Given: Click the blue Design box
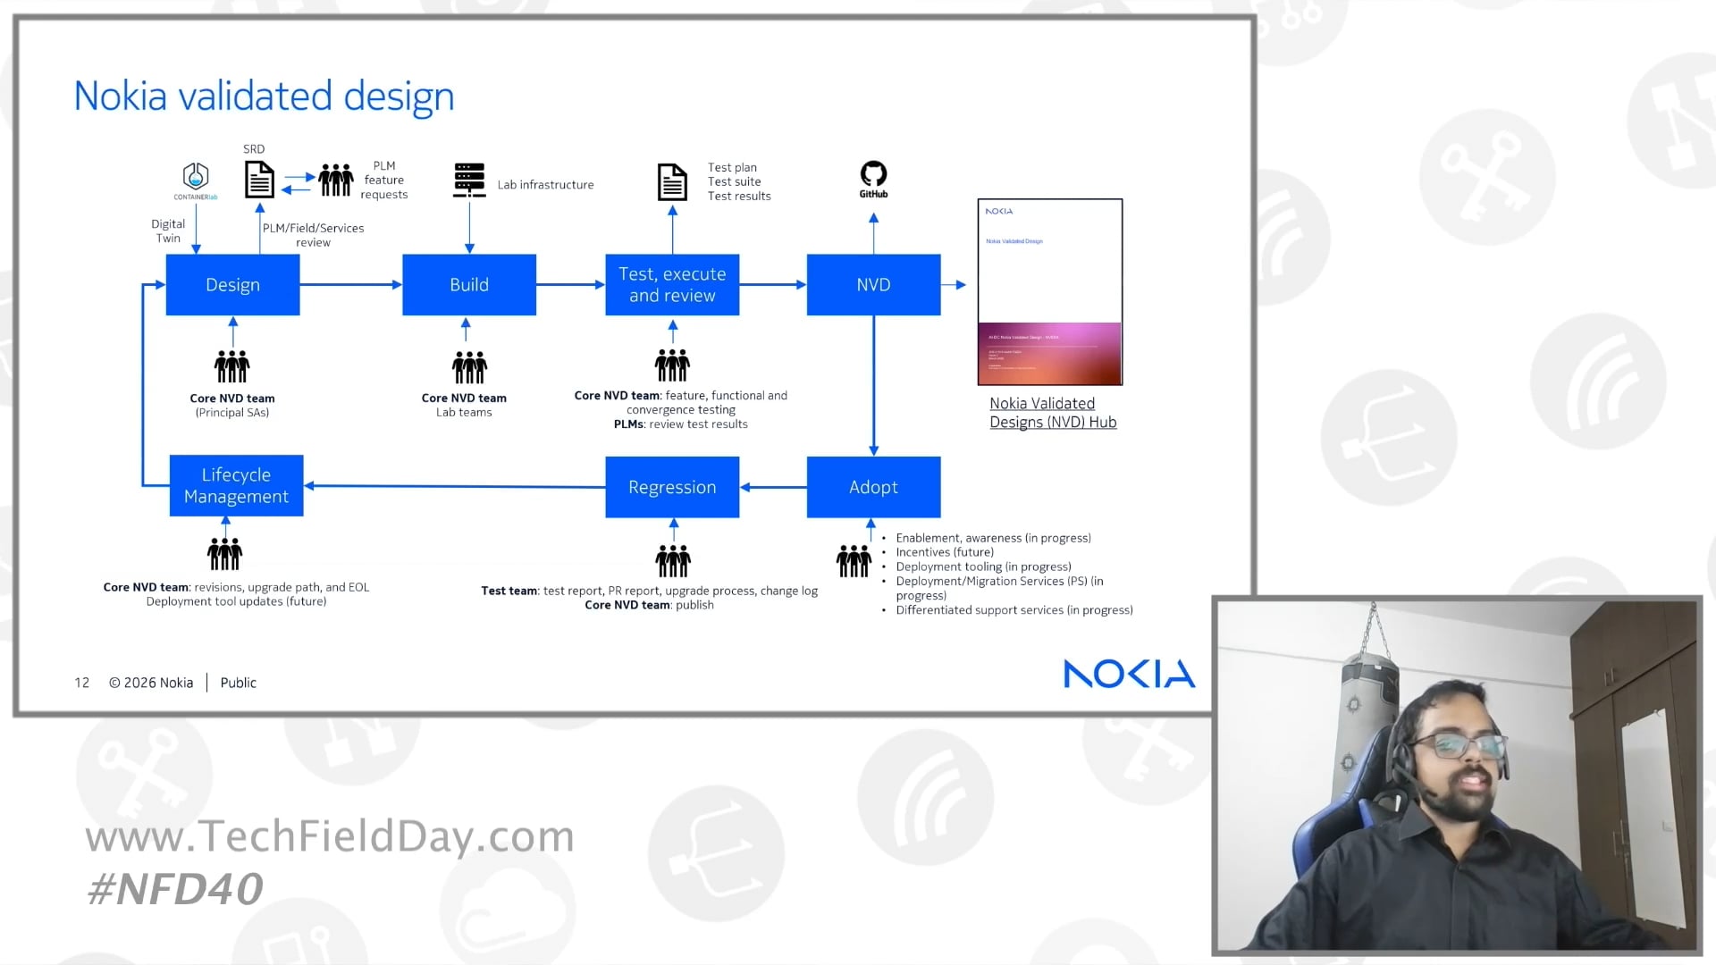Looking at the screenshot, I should click(232, 284).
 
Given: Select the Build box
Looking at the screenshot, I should click(469, 284).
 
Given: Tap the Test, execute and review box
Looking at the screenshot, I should click(672, 284).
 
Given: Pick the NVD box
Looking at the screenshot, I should click(873, 284).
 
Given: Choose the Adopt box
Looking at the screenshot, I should click(873, 487).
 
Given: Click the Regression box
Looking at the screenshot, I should click(672, 487).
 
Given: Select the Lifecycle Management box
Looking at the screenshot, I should click(236, 485).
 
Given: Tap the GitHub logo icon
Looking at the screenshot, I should click(873, 178).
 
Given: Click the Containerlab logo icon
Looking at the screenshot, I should click(196, 180).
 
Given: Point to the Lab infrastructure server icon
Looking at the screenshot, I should click(469, 180).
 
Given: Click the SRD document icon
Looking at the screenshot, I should click(259, 180).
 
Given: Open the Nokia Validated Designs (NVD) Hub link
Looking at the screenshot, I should click(1053, 413).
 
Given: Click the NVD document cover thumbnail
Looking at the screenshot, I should click(1050, 292).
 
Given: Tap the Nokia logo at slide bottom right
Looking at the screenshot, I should click(1129, 674).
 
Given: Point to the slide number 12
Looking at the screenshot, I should click(82, 683).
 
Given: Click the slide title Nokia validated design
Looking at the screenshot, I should click(264, 96).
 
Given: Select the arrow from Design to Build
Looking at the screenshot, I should click(350, 284).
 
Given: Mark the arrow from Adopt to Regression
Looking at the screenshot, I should click(773, 487).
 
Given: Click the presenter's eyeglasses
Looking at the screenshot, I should click(1467, 744).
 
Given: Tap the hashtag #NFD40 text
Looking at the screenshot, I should click(175, 888).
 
